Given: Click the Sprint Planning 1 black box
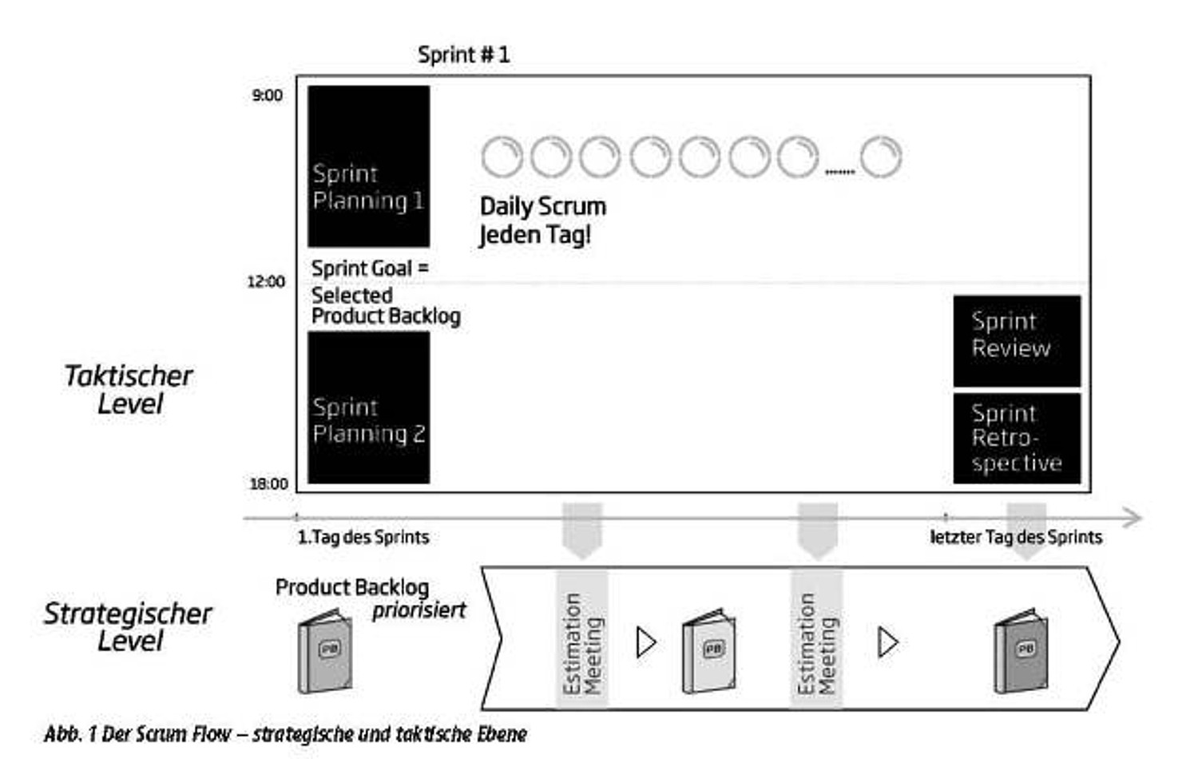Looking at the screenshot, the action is pyautogui.click(x=368, y=166).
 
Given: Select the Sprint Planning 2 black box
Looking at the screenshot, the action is pyautogui.click(x=368, y=407).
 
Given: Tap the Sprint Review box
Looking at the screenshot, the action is pyautogui.click(x=1017, y=340).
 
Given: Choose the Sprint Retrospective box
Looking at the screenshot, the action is pyautogui.click(x=1017, y=439).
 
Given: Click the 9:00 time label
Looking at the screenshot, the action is pyautogui.click(x=268, y=96).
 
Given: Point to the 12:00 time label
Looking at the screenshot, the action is pyautogui.click(x=266, y=282).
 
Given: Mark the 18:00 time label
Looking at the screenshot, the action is pyautogui.click(x=268, y=484).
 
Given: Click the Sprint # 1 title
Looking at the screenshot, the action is pyautogui.click(x=464, y=55).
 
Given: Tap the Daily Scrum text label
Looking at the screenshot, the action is pyautogui.click(x=543, y=206).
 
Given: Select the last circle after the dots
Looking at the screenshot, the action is pyautogui.click(x=881, y=137).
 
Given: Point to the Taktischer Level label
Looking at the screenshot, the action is pyautogui.click(x=129, y=389).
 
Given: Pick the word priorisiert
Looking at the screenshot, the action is pyautogui.click(x=419, y=610).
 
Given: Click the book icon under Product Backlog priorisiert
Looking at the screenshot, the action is pyautogui.click(x=325, y=651).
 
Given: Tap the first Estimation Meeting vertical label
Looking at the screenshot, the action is pyautogui.click(x=583, y=643).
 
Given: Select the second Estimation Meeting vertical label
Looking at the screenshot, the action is pyautogui.click(x=817, y=643).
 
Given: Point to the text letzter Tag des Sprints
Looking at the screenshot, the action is pyautogui.click(x=1017, y=537).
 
